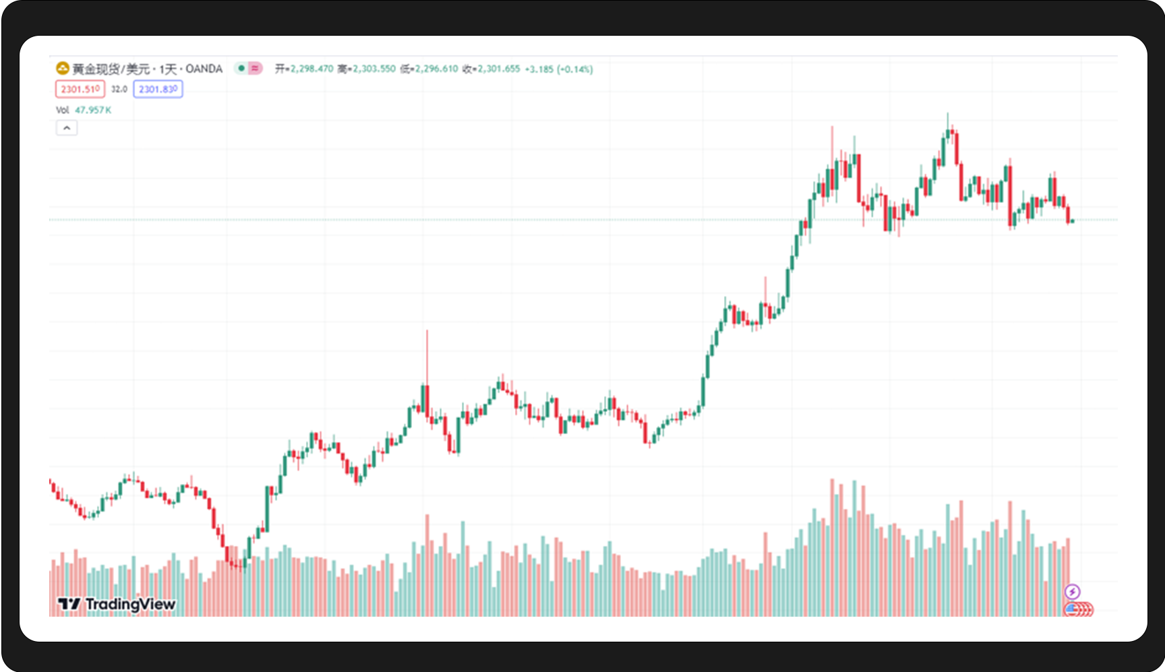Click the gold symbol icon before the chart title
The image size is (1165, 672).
pos(63,68)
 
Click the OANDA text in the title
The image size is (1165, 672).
pos(204,69)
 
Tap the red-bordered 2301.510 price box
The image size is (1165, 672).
pos(80,89)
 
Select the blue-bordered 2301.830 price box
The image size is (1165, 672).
pos(158,89)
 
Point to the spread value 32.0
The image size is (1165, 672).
pos(119,89)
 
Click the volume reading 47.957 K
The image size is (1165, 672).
pos(93,110)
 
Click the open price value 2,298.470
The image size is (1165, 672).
pos(311,69)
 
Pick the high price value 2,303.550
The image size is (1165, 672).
pos(374,69)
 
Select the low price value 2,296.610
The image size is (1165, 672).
pos(436,69)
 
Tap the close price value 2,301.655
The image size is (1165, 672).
pos(499,69)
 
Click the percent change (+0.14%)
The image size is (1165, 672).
pos(575,69)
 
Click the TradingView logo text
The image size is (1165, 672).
pos(129,604)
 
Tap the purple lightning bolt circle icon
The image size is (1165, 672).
pos(1072,592)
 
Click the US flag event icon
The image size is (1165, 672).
pos(1071,609)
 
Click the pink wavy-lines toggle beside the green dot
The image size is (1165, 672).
pos(255,68)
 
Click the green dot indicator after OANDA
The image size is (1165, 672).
pos(241,68)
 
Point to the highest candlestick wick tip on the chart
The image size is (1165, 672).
pos(947,113)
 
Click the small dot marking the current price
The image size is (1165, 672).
pos(1072,220)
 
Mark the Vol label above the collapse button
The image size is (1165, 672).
pos(62,110)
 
